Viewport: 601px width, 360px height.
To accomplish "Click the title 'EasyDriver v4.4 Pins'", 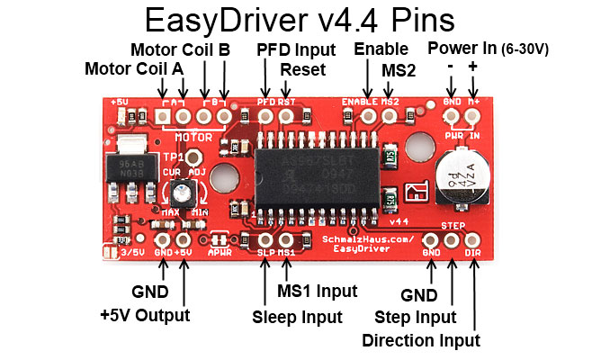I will click(x=300, y=21).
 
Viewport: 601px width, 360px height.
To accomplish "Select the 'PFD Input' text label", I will click(x=296, y=49).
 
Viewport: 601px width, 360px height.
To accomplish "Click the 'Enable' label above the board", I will click(x=381, y=49).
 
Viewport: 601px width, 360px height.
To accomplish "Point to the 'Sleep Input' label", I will click(x=297, y=317).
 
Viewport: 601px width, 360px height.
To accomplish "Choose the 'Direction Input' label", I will click(x=420, y=340).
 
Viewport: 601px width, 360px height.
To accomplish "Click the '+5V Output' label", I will click(x=145, y=315).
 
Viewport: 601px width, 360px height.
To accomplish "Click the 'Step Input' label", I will click(x=415, y=318).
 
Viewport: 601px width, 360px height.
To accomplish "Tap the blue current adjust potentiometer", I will click(x=185, y=191).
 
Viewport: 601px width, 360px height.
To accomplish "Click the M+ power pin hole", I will click(x=473, y=115).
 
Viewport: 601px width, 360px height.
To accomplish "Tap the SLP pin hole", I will click(x=265, y=239).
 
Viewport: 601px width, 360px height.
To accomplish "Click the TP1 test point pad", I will click(x=190, y=157).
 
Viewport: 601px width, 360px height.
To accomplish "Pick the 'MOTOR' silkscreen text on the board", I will click(x=193, y=138).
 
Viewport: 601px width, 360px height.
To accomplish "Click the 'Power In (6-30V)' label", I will click(x=488, y=47).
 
